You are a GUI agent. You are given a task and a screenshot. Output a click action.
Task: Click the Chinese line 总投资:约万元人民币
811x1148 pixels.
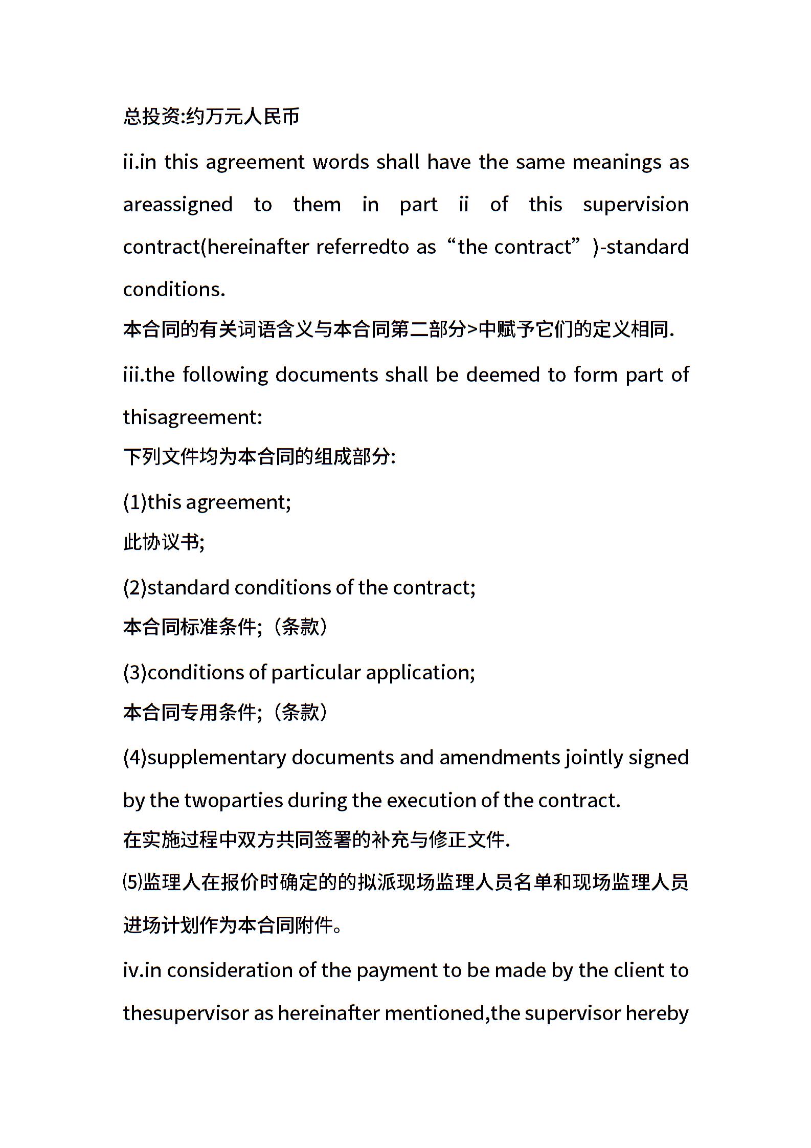click(211, 117)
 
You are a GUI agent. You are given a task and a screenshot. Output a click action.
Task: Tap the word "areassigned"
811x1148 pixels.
click(177, 205)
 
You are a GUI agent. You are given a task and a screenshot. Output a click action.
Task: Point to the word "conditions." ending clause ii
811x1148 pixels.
click(174, 290)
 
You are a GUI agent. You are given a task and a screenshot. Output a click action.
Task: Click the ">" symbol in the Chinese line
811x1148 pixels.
click(472, 329)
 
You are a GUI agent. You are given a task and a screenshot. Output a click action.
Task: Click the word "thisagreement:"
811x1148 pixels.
click(192, 417)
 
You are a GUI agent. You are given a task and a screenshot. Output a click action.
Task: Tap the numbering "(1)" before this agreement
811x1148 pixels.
click(135, 502)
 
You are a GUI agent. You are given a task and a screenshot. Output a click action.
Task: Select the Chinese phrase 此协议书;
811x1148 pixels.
click(164, 542)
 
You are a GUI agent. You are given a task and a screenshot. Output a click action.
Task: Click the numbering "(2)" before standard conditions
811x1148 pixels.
click(135, 587)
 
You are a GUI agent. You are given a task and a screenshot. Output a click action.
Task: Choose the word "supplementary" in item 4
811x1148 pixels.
click(216, 758)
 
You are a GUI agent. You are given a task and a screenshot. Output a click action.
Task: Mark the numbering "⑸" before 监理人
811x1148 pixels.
click(132, 882)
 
